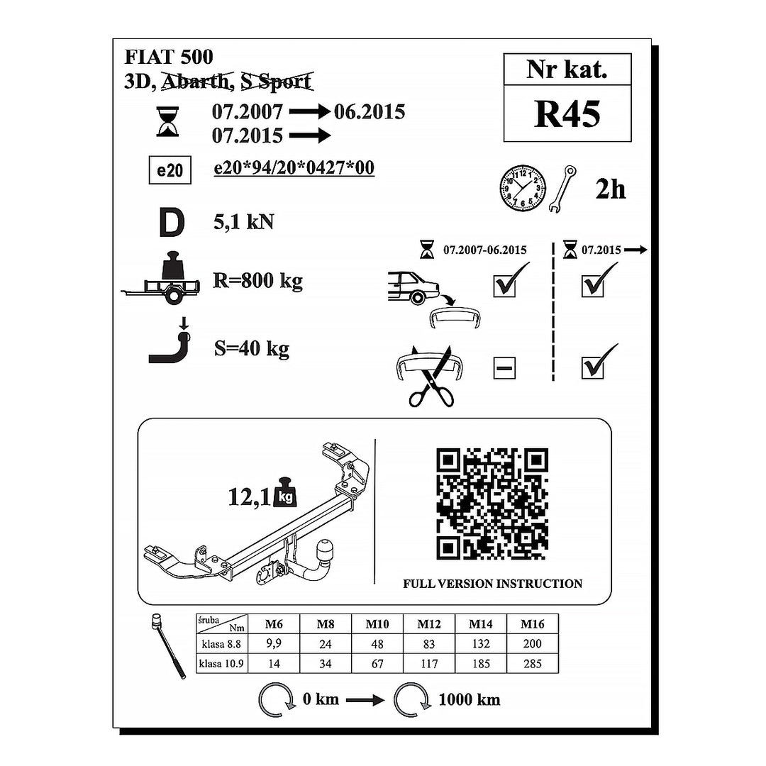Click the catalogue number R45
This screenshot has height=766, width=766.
(x=567, y=114)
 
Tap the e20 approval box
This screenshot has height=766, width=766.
(x=170, y=170)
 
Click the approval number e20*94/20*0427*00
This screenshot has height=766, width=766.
(x=294, y=167)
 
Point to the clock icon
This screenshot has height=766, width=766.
(x=522, y=188)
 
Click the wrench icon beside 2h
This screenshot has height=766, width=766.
(x=562, y=189)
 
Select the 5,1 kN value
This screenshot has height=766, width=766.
(x=243, y=222)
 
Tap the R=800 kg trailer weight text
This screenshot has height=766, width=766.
(x=258, y=280)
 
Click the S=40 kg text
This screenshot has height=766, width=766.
(x=252, y=348)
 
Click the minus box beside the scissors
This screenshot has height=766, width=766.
(x=505, y=368)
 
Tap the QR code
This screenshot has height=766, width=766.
(x=492, y=504)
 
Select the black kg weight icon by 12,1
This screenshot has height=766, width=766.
(x=285, y=492)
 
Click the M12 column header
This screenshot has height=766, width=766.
(x=429, y=624)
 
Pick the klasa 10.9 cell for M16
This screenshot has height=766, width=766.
(x=533, y=663)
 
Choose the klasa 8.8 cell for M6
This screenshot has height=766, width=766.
(x=274, y=643)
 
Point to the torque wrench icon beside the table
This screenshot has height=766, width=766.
(x=168, y=645)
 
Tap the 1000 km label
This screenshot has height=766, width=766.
(x=470, y=699)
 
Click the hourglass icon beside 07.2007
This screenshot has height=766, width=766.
(x=167, y=122)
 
